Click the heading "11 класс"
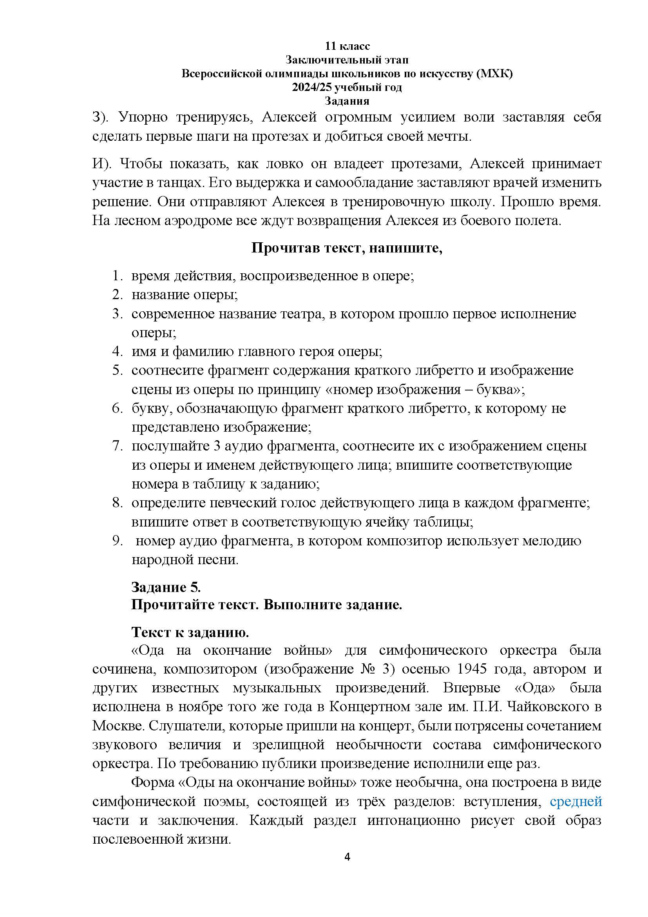(x=347, y=46)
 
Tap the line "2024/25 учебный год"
(x=347, y=87)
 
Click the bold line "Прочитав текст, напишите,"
(x=347, y=248)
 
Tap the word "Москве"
(x=117, y=726)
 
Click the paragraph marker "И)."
(x=103, y=164)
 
